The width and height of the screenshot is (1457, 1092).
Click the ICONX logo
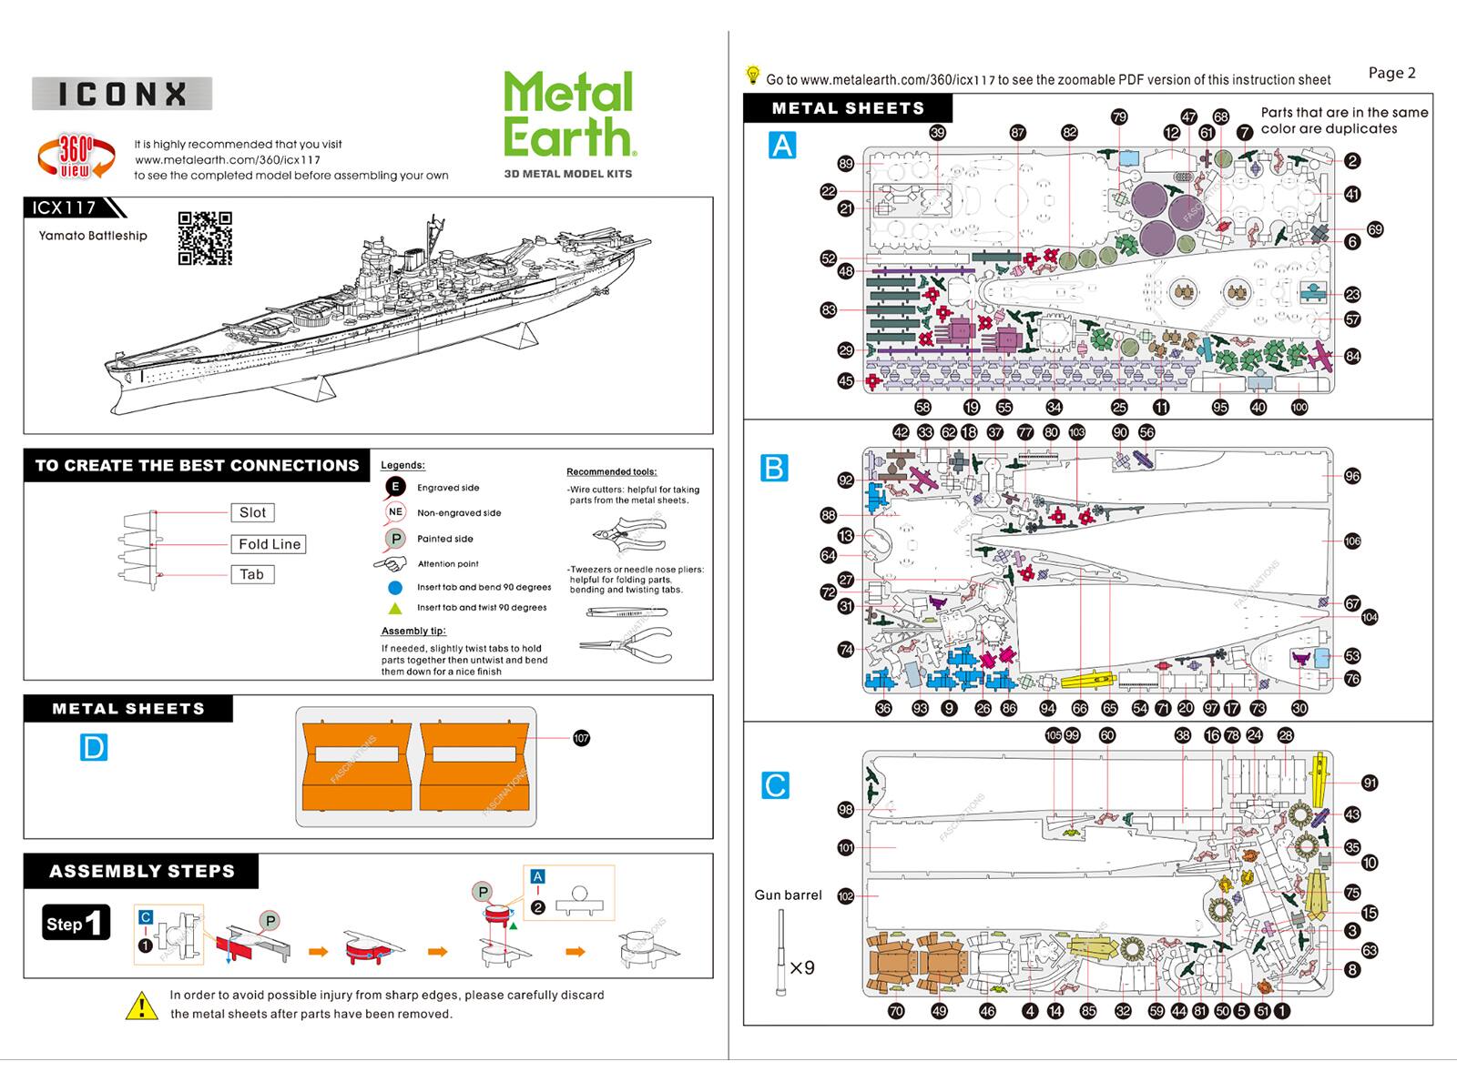coord(122,94)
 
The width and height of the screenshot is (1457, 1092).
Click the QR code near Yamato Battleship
coord(205,238)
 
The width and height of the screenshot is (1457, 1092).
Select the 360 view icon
coord(76,157)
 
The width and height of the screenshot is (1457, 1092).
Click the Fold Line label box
coord(269,544)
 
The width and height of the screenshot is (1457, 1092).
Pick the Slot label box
coord(252,512)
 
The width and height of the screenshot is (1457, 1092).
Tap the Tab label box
coord(251,574)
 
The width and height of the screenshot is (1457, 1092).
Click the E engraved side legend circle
coord(394,487)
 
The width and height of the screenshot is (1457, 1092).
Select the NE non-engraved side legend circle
coord(394,512)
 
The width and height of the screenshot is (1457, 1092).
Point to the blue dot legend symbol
coord(395,588)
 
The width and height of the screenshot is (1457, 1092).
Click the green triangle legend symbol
coord(395,608)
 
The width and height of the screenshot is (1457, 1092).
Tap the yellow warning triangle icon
coord(141,1006)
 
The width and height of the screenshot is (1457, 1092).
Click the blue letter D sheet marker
coord(94,748)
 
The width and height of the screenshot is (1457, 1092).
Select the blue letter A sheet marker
coord(782,146)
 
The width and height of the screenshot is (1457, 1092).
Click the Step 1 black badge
coord(76,923)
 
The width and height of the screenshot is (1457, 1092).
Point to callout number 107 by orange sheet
coord(581,738)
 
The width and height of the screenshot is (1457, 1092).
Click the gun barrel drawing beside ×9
coord(780,953)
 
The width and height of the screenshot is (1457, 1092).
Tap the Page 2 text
coord(1391,73)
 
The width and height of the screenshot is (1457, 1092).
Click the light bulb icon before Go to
coord(753,75)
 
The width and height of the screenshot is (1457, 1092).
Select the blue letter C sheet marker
coord(775,785)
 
